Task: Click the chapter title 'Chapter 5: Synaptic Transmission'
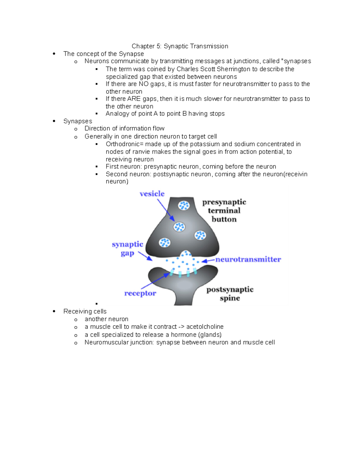tap(180, 46)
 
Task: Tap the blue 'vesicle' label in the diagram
tap(152, 194)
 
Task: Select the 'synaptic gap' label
tap(127, 248)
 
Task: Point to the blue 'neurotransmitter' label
tap(248, 259)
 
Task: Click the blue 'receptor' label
tap(140, 293)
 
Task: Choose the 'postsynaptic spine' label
tap(230, 294)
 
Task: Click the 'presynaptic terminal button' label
tap(224, 211)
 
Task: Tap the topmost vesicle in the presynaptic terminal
tap(184, 206)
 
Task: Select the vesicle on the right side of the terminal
tap(200, 235)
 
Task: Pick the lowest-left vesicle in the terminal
tap(164, 242)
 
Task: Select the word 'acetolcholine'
tap(205, 327)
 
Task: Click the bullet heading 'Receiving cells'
tap(85, 311)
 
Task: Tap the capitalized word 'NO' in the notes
tap(143, 84)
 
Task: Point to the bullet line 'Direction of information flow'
tap(124, 128)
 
